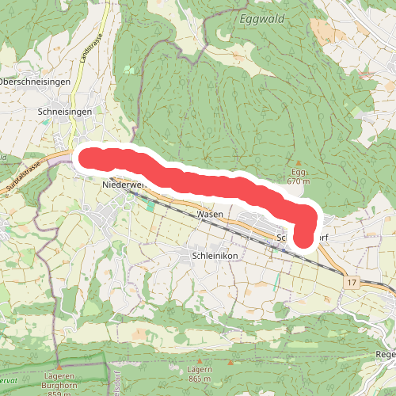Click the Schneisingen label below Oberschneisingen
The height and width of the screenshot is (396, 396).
(x=65, y=112)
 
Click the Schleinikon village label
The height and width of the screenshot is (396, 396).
(x=215, y=256)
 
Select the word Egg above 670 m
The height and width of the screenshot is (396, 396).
(x=298, y=173)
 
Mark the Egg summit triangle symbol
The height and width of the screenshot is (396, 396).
(x=298, y=164)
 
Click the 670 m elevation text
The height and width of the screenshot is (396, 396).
(x=298, y=181)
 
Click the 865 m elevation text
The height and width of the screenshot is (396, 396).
(x=201, y=380)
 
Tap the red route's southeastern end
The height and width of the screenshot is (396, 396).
(x=303, y=237)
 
